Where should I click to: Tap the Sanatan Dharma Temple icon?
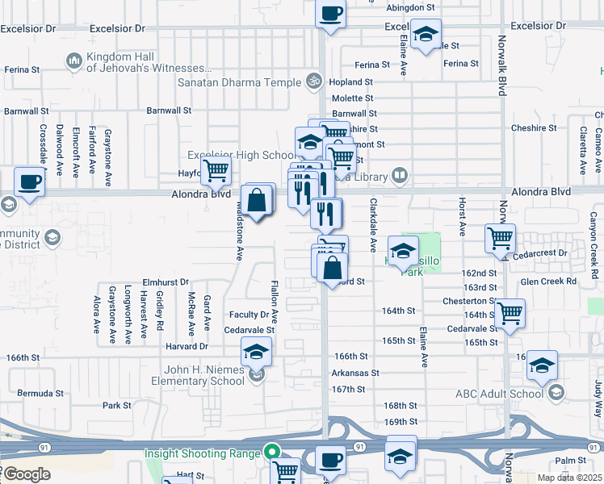point(314,81)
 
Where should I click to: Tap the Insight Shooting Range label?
point(202,453)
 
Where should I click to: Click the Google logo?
point(26,474)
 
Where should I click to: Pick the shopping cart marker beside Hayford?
point(216,170)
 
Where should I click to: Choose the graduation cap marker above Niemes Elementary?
point(256,352)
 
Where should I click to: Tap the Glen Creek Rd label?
point(548,282)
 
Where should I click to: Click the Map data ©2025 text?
point(569,478)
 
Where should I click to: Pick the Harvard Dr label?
point(187,347)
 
